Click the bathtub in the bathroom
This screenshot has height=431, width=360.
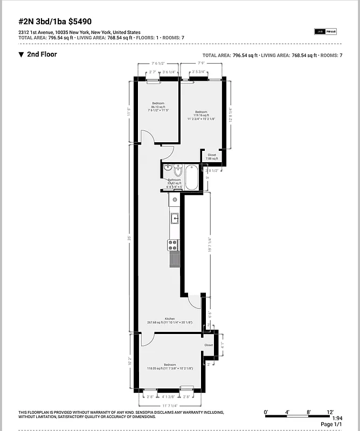pos(191,177)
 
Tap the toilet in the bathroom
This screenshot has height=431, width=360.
pos(178,170)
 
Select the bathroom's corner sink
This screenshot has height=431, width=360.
pos(168,168)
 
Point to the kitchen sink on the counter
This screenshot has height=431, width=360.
pos(174,218)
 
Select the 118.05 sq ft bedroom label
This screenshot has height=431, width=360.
pos(170,367)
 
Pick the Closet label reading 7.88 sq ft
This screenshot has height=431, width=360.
pos(212,157)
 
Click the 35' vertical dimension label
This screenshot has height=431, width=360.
pos(130,238)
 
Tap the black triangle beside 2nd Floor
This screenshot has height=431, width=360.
pos(21,54)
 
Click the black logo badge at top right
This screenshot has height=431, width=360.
pos(325,31)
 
